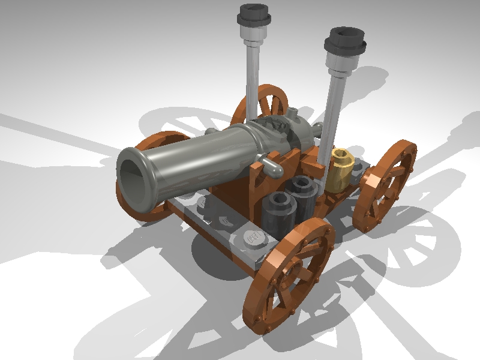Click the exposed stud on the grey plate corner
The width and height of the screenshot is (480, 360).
tap(255, 238)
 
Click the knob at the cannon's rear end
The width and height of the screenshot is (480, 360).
tap(318, 128)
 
